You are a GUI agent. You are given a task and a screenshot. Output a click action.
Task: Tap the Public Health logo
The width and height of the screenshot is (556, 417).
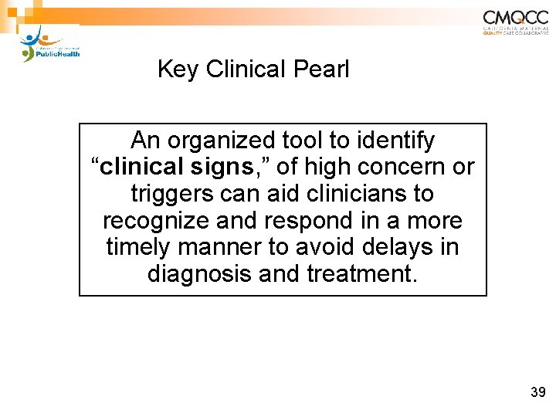click(x=51, y=45)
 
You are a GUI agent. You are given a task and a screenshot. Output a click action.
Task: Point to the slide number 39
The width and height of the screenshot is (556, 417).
click(x=538, y=393)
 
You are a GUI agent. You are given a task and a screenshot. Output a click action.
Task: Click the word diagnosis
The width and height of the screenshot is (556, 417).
click(x=195, y=273)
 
